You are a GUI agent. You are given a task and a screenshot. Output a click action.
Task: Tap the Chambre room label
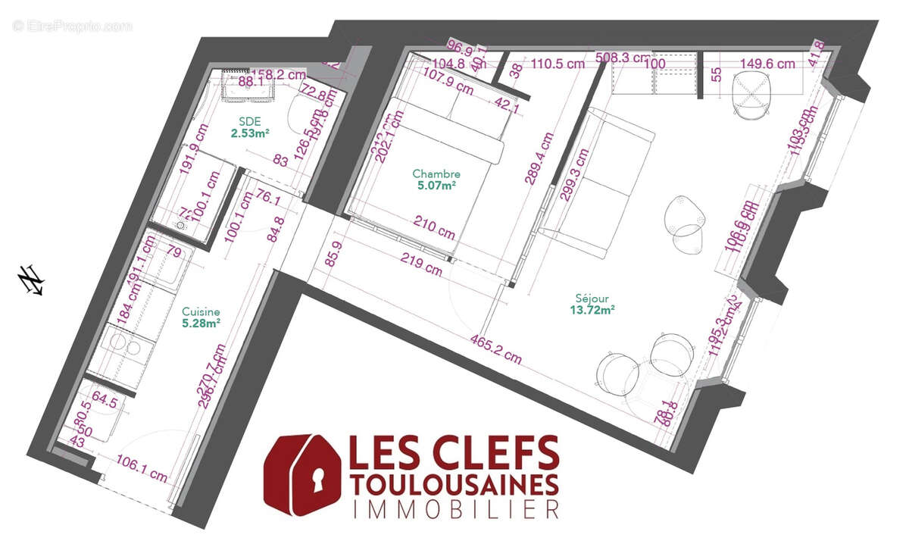click(436, 174)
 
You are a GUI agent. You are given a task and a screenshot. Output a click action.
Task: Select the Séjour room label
click(592, 299)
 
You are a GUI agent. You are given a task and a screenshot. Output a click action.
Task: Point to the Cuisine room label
click(201, 311)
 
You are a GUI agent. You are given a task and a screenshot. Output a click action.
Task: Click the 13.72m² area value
click(592, 309)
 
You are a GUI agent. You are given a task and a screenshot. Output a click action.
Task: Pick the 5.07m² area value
click(436, 184)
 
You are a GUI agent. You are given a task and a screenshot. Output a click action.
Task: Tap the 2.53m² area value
click(251, 133)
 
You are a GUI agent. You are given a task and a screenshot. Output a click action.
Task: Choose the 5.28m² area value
click(201, 323)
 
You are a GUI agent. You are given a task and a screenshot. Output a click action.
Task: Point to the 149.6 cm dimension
click(767, 64)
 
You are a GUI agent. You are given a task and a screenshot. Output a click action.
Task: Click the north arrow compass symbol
click(31, 280)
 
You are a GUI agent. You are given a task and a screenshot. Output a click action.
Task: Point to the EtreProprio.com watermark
click(73, 26)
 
